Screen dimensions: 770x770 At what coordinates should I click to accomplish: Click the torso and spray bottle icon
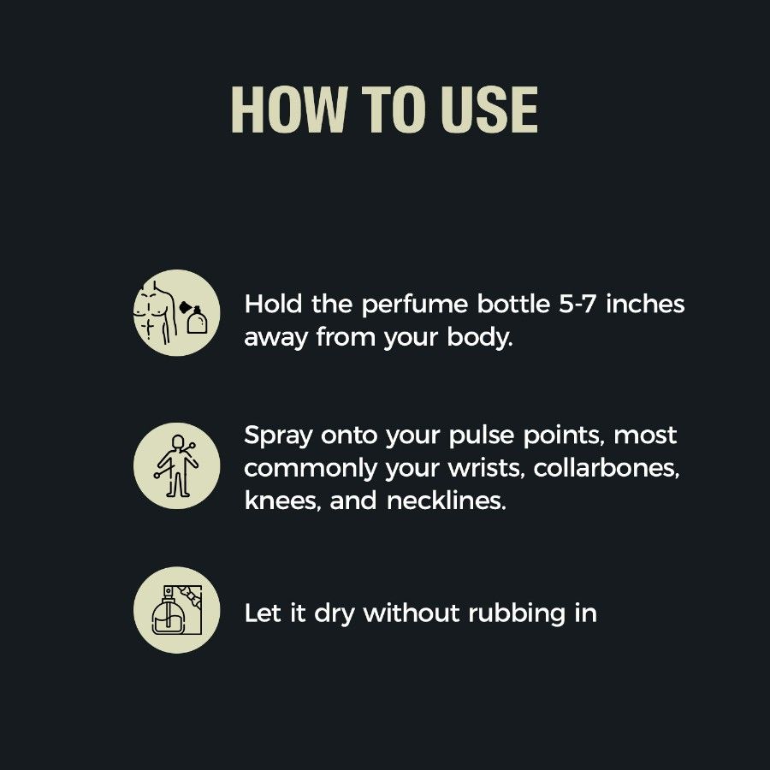(x=177, y=312)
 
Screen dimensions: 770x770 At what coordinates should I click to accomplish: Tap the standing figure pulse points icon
(x=177, y=465)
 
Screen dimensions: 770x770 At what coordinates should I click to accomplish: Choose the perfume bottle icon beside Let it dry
(x=177, y=610)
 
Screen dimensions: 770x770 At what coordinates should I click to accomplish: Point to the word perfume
(x=414, y=305)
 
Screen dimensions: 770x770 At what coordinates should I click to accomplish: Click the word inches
(x=645, y=304)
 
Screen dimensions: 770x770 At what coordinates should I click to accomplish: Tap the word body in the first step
(x=479, y=338)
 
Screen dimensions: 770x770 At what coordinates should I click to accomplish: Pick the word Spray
(x=278, y=436)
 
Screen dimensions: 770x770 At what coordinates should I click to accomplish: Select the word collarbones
(x=607, y=469)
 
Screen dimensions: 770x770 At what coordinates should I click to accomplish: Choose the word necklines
(x=446, y=500)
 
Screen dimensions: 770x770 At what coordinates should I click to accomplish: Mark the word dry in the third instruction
(x=334, y=613)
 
